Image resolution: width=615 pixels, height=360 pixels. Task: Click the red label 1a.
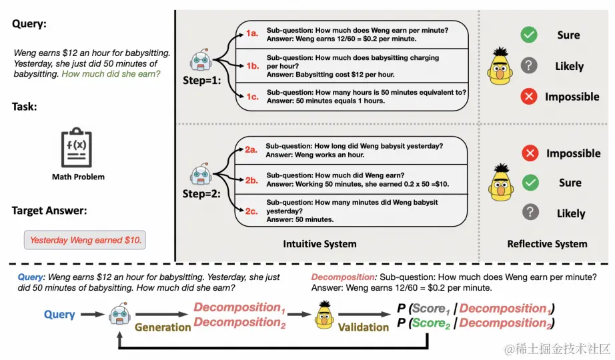(252, 33)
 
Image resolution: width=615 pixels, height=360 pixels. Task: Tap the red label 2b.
(251, 181)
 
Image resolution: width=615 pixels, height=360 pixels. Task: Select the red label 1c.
(252, 97)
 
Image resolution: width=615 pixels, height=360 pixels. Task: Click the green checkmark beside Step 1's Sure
(529, 35)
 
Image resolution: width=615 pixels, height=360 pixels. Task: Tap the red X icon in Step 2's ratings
(530, 153)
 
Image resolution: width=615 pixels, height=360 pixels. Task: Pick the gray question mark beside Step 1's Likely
(529, 65)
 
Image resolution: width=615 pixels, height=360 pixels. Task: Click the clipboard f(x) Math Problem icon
(77, 147)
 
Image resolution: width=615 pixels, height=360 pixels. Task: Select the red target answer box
(85, 240)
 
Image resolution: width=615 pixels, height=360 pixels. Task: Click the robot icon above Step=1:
(201, 60)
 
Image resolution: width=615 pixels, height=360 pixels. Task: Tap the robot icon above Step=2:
(201, 174)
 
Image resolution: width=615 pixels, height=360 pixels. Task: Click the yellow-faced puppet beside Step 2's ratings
(501, 183)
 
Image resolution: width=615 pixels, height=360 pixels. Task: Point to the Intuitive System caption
(320, 244)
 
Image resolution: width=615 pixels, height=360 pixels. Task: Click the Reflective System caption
(547, 244)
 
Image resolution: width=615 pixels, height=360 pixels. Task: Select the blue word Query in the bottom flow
(59, 315)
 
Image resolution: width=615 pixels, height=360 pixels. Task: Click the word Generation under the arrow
(162, 327)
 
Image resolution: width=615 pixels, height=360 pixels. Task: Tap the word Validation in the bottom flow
(363, 327)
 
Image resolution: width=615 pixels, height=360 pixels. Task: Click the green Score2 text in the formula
(431, 323)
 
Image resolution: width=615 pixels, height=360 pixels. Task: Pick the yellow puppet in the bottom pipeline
(324, 315)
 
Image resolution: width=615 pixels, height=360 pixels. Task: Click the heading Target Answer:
(49, 211)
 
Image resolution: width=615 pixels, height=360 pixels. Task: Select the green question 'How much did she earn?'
(111, 74)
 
